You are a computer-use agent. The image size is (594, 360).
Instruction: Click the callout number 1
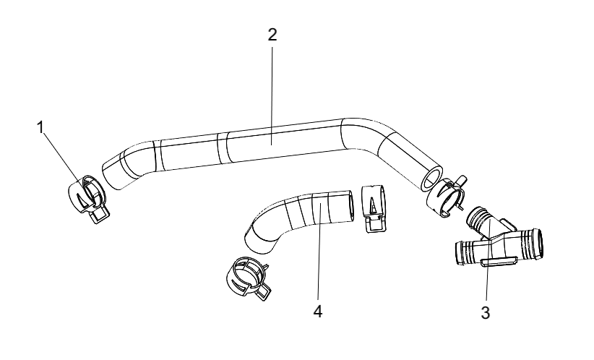coord(40,128)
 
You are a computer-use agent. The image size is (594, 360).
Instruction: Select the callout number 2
coord(272,35)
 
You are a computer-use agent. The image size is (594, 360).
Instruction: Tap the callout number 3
coord(486,313)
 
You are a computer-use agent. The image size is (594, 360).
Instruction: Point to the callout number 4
coord(318,312)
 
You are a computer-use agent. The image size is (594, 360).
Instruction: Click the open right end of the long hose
coord(431,178)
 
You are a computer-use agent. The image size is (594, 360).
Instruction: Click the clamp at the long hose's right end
coord(447,197)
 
